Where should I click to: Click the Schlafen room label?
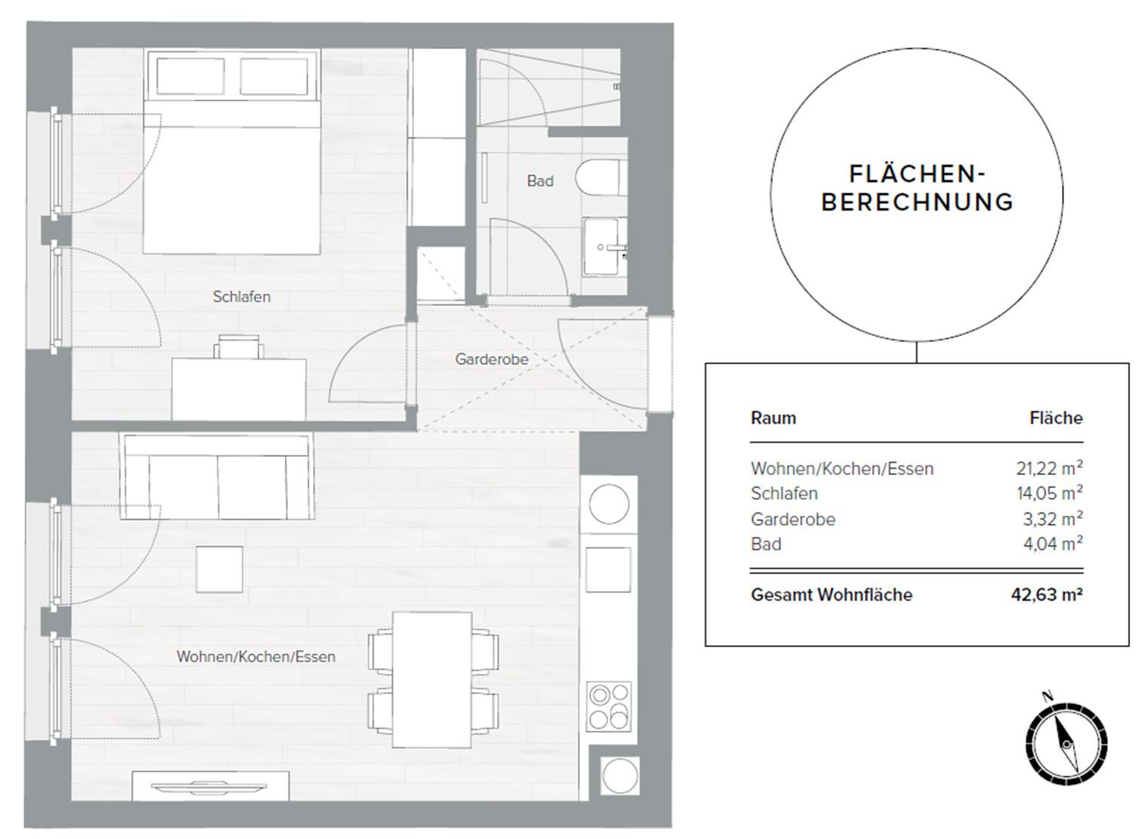click(x=242, y=296)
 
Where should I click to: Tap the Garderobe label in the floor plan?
click(x=492, y=359)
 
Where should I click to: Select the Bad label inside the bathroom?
click(x=540, y=181)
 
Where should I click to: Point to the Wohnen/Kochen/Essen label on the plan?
click(x=256, y=656)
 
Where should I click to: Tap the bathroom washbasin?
click(x=605, y=247)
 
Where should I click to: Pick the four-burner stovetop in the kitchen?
click(x=609, y=707)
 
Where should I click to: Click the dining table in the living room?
click(x=432, y=680)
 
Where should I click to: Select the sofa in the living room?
click(x=218, y=477)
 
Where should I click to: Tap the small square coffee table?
click(x=220, y=569)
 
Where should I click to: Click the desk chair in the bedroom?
click(x=239, y=347)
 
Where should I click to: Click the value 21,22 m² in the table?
click(x=1049, y=468)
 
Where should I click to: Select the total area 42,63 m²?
click(x=1047, y=595)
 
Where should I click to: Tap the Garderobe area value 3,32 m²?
click(x=1053, y=519)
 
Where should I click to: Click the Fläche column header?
click(x=1056, y=418)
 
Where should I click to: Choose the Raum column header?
click(x=773, y=418)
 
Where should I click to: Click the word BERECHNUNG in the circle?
click(x=918, y=202)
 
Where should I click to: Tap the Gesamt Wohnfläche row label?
click(x=832, y=595)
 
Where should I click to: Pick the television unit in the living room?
click(x=211, y=786)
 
